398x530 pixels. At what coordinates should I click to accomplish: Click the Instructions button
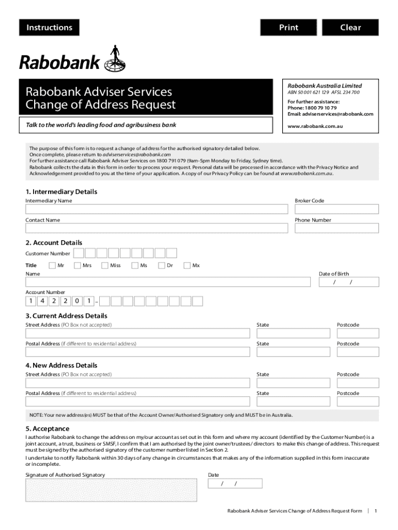[x=49, y=27]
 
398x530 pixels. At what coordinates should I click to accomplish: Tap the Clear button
[x=350, y=27]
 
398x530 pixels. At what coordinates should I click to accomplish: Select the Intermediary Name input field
[x=157, y=209]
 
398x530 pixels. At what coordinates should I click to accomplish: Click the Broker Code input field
[x=336, y=209]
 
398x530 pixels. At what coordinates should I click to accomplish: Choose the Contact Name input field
[x=157, y=228]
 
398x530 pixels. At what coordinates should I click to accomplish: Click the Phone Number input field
[x=336, y=228]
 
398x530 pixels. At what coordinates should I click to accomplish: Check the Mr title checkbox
[x=52, y=266]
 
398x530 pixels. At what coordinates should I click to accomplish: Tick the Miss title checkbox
[x=105, y=266]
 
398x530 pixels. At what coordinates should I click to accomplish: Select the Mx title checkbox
[x=187, y=266]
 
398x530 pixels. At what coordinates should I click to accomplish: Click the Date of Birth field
[x=349, y=282]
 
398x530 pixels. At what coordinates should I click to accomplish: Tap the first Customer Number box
[x=79, y=253]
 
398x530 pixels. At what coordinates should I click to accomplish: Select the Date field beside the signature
[x=235, y=483]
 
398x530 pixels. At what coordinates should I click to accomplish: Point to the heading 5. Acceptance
[x=48, y=429]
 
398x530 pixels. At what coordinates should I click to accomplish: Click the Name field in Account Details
[x=168, y=282]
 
